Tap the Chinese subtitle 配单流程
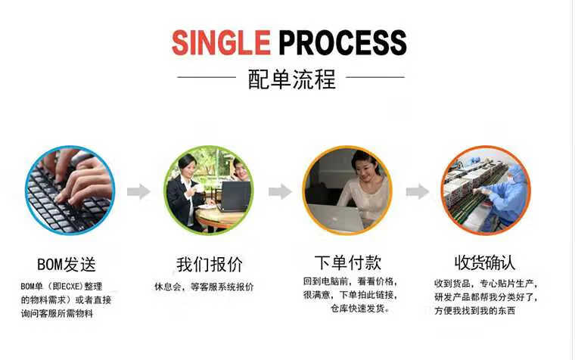click(x=291, y=78)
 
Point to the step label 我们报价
click(x=210, y=265)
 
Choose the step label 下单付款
click(x=347, y=263)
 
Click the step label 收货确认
click(x=485, y=263)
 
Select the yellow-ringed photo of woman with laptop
click(x=348, y=189)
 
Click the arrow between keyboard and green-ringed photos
click(x=138, y=191)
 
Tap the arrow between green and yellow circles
click(x=280, y=191)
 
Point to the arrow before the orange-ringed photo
click(x=418, y=191)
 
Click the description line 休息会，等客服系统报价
click(x=204, y=287)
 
